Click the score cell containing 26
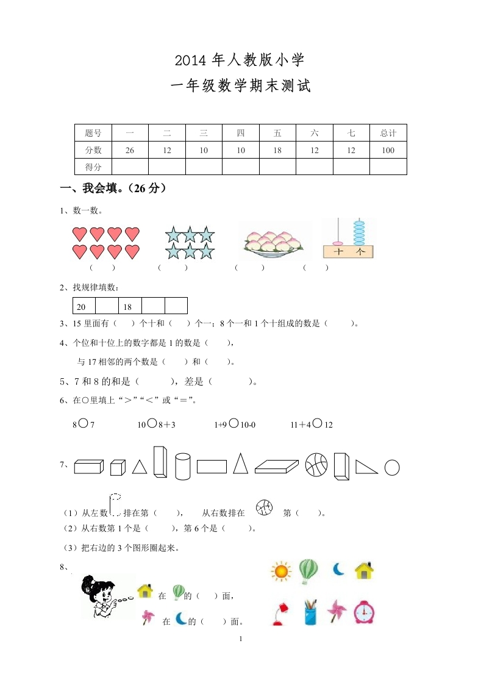(x=130, y=150)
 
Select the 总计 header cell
(x=388, y=133)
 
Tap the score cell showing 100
(x=388, y=150)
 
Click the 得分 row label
(x=93, y=167)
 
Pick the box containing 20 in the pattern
(x=84, y=306)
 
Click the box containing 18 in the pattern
(x=129, y=306)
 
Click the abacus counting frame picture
(x=349, y=238)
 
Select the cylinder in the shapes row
(x=183, y=466)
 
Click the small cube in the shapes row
(x=117, y=468)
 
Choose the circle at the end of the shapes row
(x=392, y=467)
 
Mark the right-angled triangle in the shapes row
(x=366, y=466)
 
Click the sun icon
(x=280, y=572)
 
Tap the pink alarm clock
(x=364, y=612)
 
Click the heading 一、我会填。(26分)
(x=113, y=188)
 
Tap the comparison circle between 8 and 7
(x=83, y=423)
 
